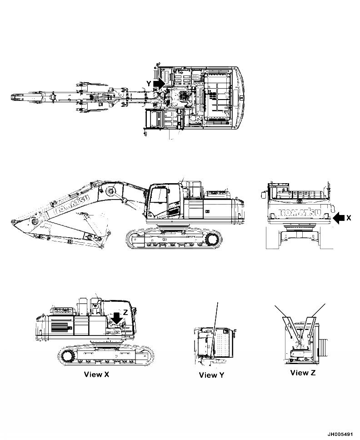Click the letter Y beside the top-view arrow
coord(149,84)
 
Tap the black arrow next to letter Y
coord(159,84)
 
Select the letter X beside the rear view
coord(348,218)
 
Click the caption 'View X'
coord(96,375)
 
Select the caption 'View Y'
coord(211,375)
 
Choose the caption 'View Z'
coord(303,373)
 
